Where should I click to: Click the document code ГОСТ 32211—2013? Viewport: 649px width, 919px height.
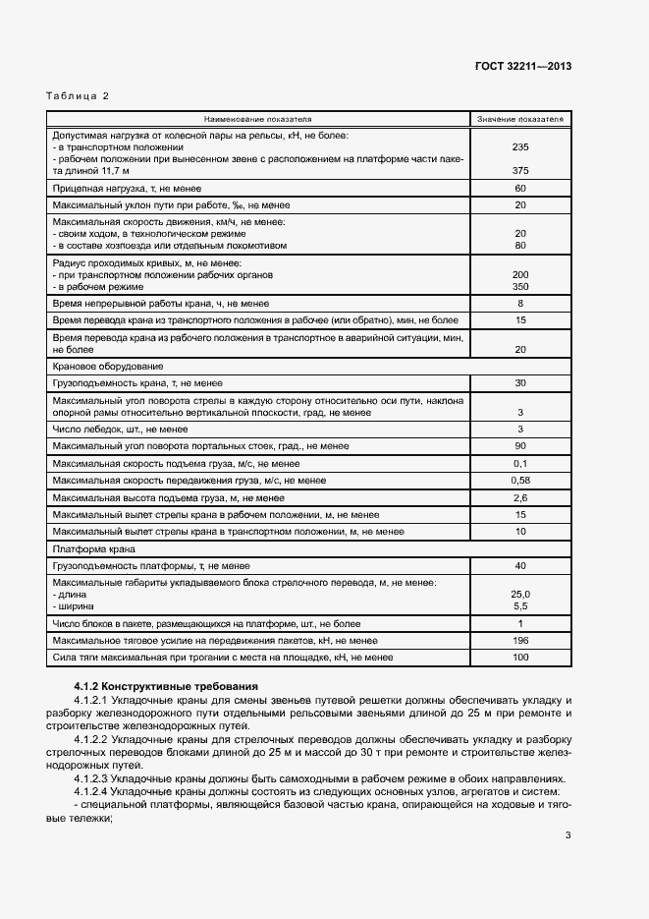(523, 67)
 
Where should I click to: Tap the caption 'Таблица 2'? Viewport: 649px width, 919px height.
(79, 95)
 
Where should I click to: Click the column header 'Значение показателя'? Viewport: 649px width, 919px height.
(520, 118)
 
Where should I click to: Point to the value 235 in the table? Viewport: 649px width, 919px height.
(520, 146)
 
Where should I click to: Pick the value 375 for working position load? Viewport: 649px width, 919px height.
(520, 170)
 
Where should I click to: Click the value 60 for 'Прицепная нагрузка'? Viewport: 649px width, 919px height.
(520, 188)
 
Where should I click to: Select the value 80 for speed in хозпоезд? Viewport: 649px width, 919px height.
(520, 246)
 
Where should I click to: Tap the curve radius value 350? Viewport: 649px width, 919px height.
(520, 287)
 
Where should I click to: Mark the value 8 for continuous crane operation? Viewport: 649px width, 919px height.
(520, 305)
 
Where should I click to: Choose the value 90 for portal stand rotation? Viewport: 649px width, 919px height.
(520, 446)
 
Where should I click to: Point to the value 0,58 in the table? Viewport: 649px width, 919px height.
(520, 480)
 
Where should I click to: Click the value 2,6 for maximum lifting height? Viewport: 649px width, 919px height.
(520, 497)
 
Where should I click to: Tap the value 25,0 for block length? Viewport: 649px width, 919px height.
(520, 595)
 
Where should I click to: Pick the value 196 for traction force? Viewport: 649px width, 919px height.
(520, 640)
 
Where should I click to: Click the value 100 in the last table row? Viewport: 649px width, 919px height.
(520, 657)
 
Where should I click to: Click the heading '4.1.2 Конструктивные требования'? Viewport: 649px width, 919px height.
(166, 685)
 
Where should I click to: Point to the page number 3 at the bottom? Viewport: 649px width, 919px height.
(568, 835)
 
